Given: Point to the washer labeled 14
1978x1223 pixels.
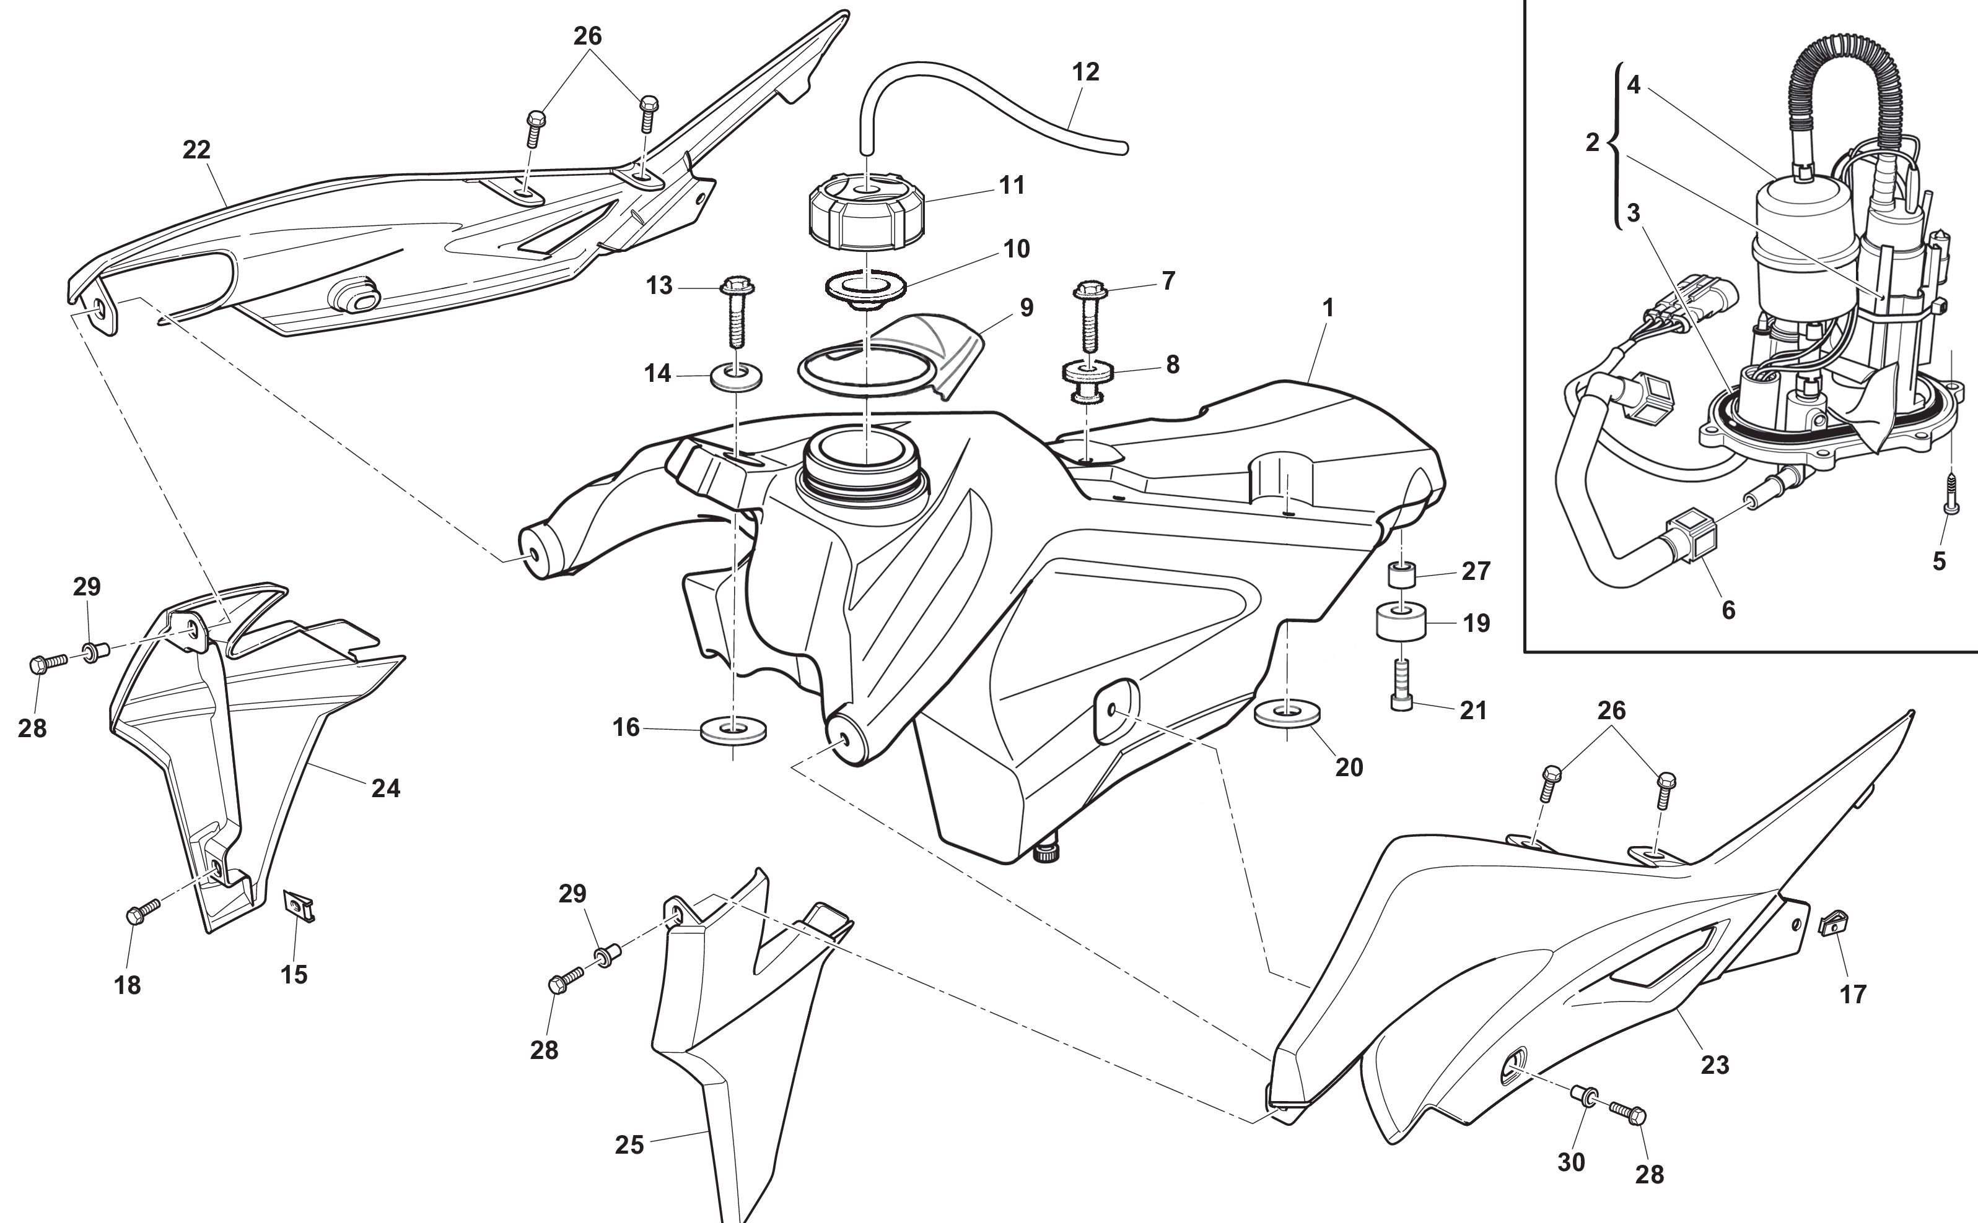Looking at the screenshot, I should click(x=737, y=377).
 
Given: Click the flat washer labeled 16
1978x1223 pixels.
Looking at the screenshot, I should click(x=733, y=732).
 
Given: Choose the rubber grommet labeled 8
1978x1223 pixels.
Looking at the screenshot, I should click(x=1087, y=380).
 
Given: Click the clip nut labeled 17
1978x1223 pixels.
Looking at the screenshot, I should click(x=1830, y=923).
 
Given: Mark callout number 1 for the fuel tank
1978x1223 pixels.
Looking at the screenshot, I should click(x=1328, y=308).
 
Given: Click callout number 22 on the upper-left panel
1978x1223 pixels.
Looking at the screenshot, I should click(x=196, y=150).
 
